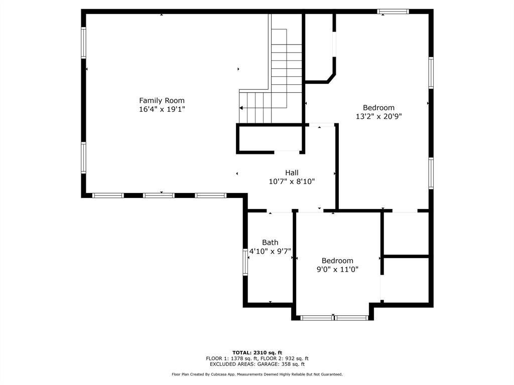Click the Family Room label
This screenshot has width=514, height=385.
coord(162,100)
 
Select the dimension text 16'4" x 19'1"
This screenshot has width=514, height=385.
coord(162,109)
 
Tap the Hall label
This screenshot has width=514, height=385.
coord(292,172)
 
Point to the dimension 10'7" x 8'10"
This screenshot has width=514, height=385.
coord(292,181)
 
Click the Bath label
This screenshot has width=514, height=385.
coord(270,242)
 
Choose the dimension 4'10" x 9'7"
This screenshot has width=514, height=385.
coord(270,251)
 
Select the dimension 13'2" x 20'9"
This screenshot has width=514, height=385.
coord(378,116)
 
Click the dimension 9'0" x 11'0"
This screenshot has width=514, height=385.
coord(337,270)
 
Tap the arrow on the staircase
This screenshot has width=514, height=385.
coord(242,108)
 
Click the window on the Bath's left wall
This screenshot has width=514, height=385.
coord(246,263)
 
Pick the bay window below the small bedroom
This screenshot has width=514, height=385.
coord(334,317)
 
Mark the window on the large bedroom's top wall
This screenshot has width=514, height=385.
coord(393,12)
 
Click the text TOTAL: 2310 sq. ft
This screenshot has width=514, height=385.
coord(257,352)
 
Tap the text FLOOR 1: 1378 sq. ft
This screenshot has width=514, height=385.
coord(231,358)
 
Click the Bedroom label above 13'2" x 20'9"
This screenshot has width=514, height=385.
coord(378,107)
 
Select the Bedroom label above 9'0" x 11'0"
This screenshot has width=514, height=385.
coord(337,261)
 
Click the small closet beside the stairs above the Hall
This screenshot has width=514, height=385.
coord(269,138)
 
